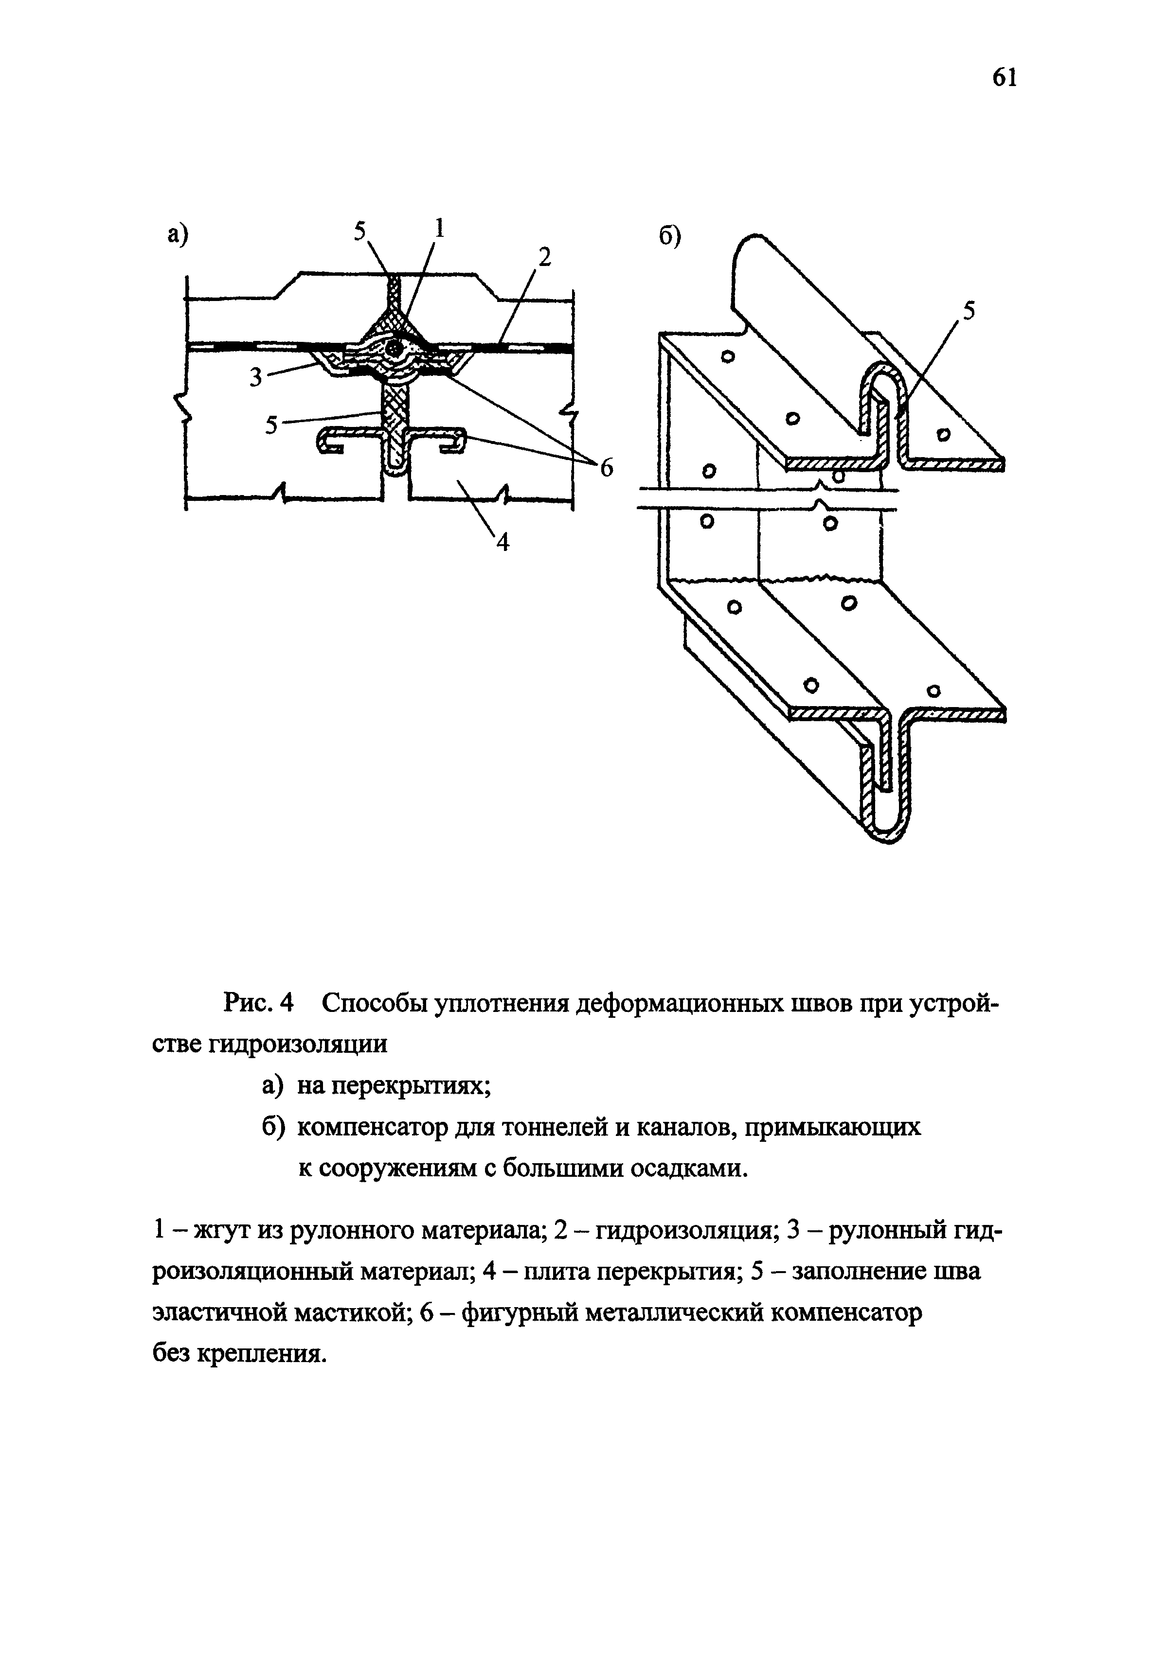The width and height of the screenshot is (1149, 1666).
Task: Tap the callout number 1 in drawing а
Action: (439, 229)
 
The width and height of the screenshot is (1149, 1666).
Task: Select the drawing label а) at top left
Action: (177, 234)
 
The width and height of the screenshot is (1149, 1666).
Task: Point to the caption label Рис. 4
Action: (260, 1003)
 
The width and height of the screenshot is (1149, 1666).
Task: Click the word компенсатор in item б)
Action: (374, 1127)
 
